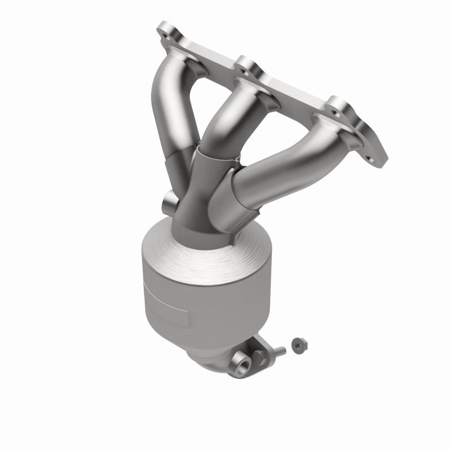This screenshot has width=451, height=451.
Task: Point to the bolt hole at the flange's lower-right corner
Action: point(373,160)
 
